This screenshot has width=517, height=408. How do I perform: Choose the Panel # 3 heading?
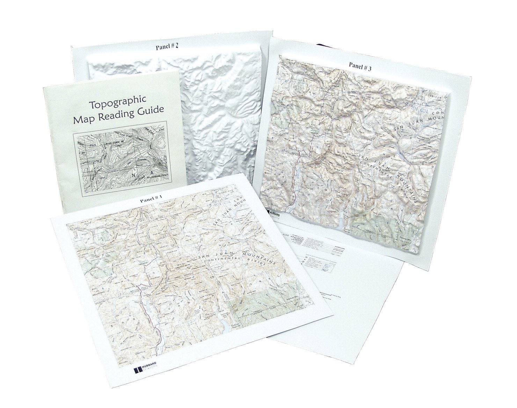click(x=360, y=65)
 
